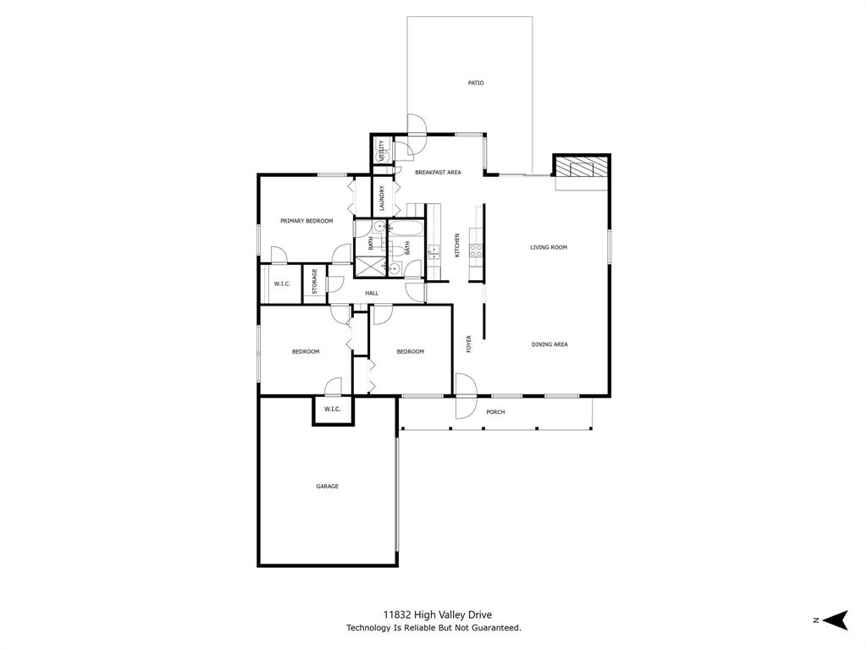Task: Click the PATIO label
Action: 476,83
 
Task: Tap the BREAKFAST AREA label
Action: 438,173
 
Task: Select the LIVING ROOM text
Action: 549,248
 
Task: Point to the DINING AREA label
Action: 549,344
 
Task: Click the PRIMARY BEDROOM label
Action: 306,221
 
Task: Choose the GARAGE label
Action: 327,487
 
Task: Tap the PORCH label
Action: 495,412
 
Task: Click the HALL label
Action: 372,294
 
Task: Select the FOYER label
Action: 469,344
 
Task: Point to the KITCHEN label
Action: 457,245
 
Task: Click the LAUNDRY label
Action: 383,198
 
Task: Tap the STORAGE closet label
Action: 314,282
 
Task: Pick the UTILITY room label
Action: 382,151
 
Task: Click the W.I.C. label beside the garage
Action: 332,410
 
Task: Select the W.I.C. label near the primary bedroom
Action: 282,284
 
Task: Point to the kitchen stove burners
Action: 476,250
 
